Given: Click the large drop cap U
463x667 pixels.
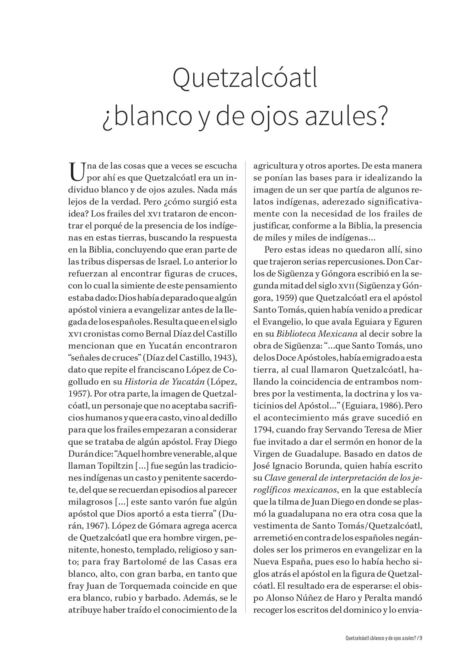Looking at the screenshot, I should click(76, 172).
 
